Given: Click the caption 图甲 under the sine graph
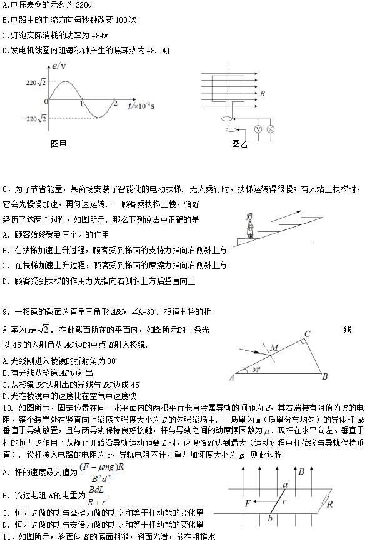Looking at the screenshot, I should tap(58, 143).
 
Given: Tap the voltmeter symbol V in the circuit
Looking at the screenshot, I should tap(258, 129).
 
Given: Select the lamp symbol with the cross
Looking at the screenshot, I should tap(271, 129).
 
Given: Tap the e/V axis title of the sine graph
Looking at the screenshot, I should tap(59, 66).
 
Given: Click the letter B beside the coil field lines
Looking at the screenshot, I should tap(263, 94).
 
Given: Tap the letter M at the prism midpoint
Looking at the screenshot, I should tap(274, 348).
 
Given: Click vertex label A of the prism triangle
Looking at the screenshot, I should tap(231, 377).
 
